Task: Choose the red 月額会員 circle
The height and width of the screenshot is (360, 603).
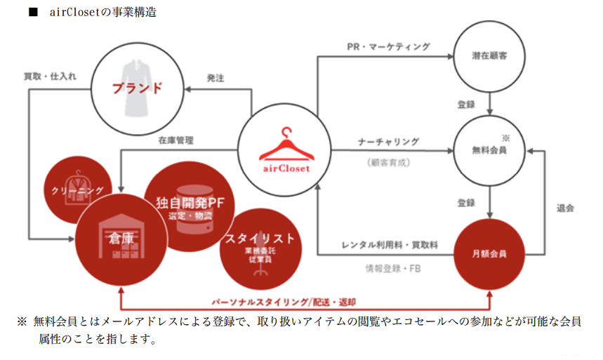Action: click(489, 254)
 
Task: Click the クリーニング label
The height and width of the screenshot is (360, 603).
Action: click(77, 190)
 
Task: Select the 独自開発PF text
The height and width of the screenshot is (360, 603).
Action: click(190, 203)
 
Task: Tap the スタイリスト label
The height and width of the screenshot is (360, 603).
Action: click(260, 239)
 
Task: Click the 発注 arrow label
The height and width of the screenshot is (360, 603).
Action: click(216, 78)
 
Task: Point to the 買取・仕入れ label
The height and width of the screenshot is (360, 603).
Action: click(50, 76)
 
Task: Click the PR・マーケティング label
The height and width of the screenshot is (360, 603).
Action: click(388, 47)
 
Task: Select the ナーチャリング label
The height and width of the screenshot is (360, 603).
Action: click(388, 142)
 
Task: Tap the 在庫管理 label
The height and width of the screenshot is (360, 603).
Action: click(175, 140)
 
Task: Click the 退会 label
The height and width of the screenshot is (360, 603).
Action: click(565, 208)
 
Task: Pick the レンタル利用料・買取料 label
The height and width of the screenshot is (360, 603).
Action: click(390, 245)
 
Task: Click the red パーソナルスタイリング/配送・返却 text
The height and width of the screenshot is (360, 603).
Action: click(284, 302)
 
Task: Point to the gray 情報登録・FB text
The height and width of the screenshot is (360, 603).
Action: click(392, 269)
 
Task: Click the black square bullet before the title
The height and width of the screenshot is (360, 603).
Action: click(34, 12)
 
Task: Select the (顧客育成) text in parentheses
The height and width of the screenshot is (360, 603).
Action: click(388, 163)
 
